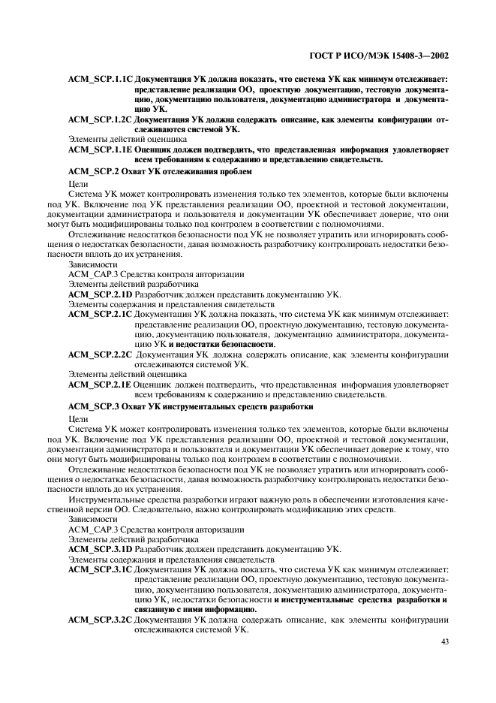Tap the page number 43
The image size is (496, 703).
point(444,641)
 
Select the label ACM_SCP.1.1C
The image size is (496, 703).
point(100,78)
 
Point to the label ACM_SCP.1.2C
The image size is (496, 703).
point(100,119)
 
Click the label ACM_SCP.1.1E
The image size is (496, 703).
point(100,149)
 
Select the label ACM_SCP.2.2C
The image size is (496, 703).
point(100,354)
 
